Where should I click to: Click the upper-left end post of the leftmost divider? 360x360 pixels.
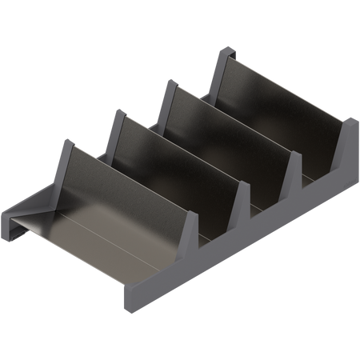63,148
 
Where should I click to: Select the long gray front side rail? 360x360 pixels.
240,240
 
